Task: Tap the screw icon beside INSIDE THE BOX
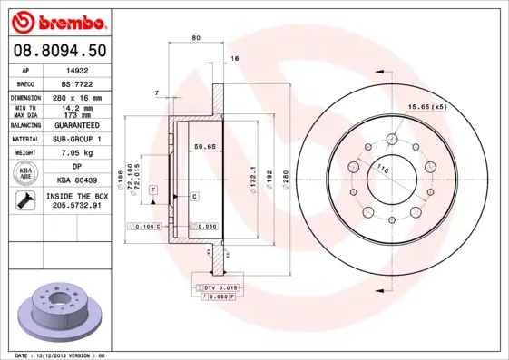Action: click(22, 201)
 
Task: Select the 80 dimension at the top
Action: click(196, 37)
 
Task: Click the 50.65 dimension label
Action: click(203, 145)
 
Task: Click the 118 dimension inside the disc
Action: click(382, 169)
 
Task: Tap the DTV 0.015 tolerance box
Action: click(214, 287)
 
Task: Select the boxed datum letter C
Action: click(194, 196)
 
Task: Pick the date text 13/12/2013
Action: click(56, 355)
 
